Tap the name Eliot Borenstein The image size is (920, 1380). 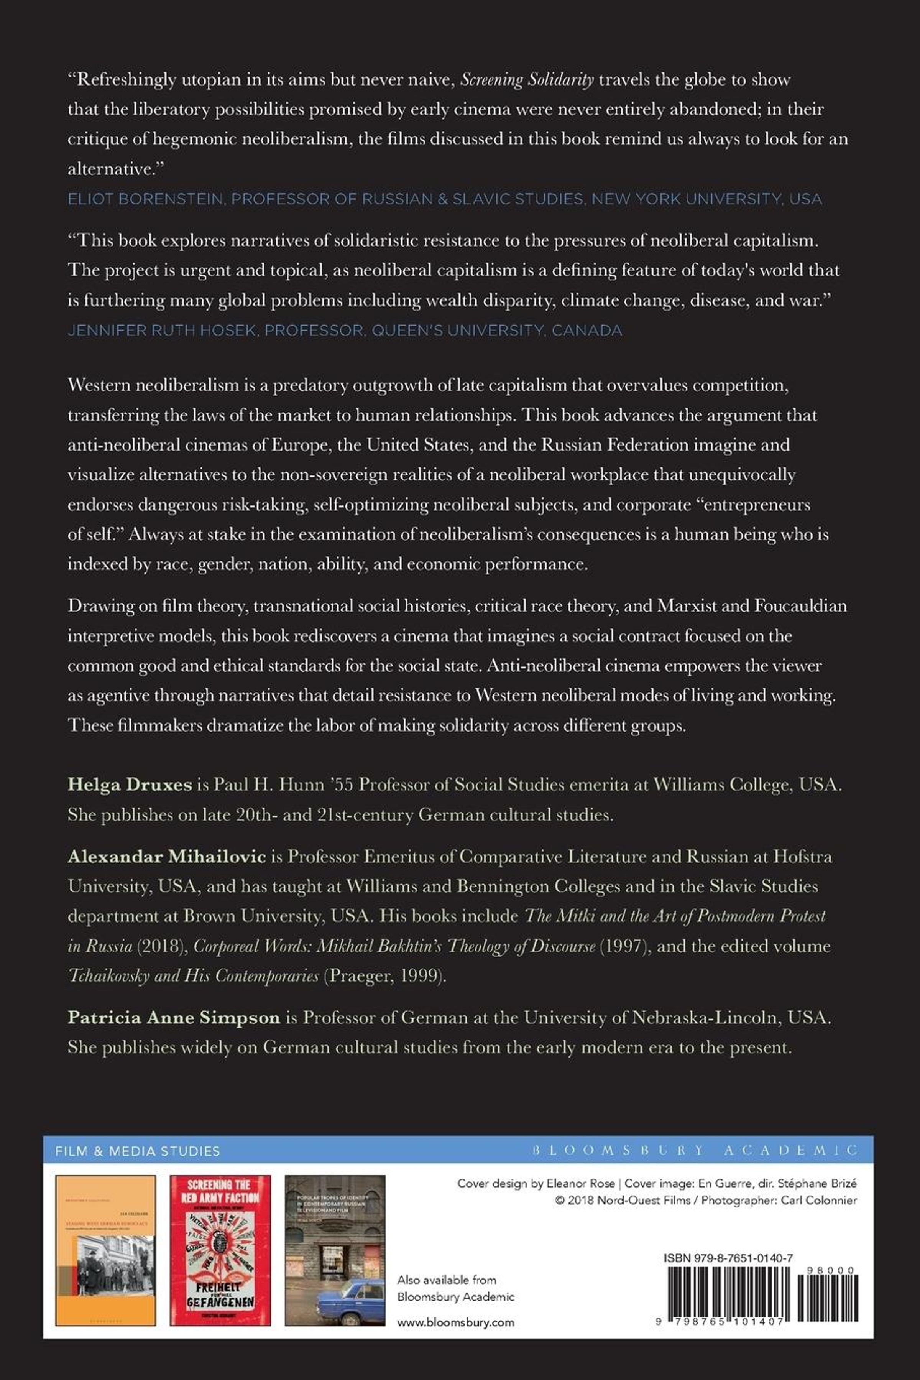[x=146, y=199]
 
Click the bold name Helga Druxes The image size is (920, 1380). [x=130, y=785]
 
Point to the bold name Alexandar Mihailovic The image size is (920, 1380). [x=167, y=857]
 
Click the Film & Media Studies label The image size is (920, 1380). [x=137, y=1151]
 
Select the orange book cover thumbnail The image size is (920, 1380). [x=106, y=1250]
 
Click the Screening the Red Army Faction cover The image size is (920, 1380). [x=220, y=1250]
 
